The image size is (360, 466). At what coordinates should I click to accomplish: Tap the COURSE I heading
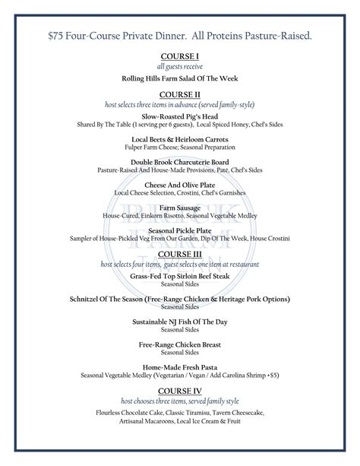coord(180,57)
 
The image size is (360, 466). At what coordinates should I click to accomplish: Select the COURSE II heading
coord(180,94)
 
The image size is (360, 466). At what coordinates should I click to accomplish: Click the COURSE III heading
coord(180,253)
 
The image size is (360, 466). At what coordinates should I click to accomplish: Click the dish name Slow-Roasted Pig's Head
coord(180,116)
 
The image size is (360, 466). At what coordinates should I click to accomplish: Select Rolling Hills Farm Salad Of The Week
coord(180,79)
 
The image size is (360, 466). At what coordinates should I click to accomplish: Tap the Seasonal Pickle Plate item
coord(180,230)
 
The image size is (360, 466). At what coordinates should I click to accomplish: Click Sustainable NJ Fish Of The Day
coord(180,322)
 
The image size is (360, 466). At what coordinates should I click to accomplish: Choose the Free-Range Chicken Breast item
coord(180,345)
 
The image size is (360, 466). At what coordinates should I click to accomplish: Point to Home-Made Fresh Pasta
coord(180,367)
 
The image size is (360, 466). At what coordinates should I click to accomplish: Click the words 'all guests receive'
coord(180,67)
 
